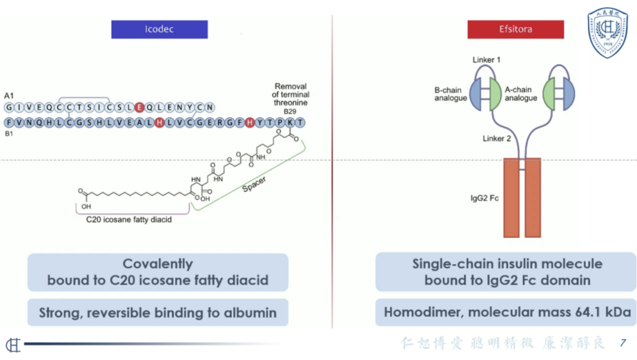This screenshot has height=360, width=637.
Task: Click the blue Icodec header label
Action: coord(159,30)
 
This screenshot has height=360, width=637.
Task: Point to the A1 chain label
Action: coord(9,96)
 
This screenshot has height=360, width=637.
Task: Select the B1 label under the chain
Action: coord(9,134)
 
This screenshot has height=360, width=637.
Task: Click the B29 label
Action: coord(290,112)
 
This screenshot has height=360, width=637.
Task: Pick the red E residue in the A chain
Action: coord(139,107)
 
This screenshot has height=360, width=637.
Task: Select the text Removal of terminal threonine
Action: coord(291,94)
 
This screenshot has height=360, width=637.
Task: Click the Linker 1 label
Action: coord(487,60)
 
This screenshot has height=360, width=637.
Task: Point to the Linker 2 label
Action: coord(497,139)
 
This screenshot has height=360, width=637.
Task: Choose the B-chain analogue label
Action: coord(451,94)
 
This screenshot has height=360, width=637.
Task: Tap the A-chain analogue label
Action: coord(521,94)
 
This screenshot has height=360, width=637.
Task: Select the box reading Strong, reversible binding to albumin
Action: coord(157,313)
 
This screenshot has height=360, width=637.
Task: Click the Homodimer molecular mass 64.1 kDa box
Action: coord(507,312)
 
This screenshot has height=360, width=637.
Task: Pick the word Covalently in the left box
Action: coord(157,264)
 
